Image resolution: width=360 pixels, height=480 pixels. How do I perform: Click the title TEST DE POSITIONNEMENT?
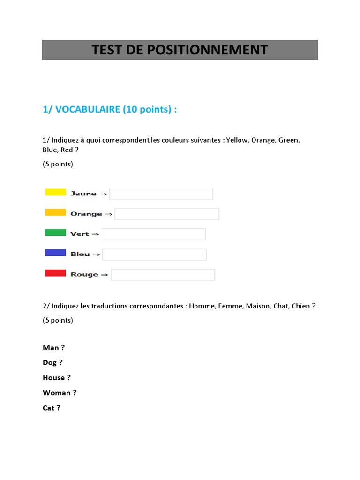click(180, 50)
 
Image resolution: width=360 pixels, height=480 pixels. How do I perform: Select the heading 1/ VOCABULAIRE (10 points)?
click(110, 109)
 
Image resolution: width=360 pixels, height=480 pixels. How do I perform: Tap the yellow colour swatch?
click(55, 192)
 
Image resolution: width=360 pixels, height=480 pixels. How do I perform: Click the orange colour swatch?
click(55, 212)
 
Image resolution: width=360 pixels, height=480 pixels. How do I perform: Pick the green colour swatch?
click(55, 232)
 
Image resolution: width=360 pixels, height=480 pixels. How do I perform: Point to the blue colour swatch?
click(55, 253)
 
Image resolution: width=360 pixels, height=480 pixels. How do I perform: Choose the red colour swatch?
click(55, 273)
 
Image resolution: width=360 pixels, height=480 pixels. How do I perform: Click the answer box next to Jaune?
click(161, 194)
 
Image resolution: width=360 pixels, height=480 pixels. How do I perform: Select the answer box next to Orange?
click(167, 214)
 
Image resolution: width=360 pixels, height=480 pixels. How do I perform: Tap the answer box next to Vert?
click(153, 234)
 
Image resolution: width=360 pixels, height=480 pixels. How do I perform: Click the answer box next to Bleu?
click(154, 254)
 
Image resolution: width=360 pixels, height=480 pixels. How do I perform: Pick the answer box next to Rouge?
click(163, 275)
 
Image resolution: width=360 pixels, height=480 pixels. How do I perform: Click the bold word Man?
click(51, 348)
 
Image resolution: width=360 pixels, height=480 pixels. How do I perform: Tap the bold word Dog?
click(50, 362)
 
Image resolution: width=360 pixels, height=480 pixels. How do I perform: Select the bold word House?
click(53, 377)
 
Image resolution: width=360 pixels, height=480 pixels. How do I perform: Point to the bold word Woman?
click(56, 393)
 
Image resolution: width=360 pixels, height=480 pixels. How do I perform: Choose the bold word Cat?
click(49, 408)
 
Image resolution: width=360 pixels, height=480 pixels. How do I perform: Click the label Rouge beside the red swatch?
click(84, 275)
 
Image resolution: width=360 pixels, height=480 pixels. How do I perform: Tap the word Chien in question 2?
click(300, 306)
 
